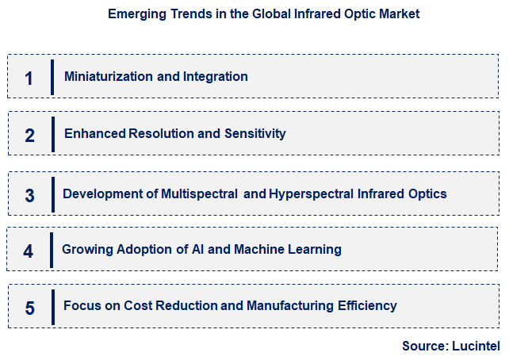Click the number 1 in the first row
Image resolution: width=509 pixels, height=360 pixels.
[x=29, y=79]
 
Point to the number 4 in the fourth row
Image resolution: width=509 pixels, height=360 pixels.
[x=29, y=251]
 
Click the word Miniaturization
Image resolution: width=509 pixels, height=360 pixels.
[x=109, y=77]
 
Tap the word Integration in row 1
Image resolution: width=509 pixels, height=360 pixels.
[x=216, y=77]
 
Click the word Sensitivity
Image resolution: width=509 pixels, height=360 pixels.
[x=254, y=133]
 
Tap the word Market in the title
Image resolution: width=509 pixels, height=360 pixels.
[x=400, y=13]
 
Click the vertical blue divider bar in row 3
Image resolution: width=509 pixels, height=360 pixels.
[x=53, y=194]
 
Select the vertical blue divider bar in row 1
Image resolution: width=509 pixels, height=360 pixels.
[x=52, y=77]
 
